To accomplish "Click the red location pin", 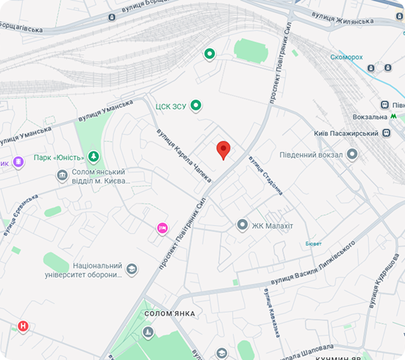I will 223,150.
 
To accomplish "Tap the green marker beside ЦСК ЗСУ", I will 195,106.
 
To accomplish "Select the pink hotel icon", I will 163,228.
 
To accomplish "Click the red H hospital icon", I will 24,326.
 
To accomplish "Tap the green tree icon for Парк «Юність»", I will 94,157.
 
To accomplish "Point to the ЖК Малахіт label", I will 273,226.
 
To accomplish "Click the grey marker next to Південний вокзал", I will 353,155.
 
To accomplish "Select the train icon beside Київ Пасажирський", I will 387,133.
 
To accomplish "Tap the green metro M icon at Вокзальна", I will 393,116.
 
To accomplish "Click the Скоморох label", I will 347,57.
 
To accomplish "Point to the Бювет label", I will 313,243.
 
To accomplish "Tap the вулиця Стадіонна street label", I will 265,175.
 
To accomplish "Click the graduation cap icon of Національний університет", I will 132,270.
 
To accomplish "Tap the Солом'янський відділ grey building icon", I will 62,176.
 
